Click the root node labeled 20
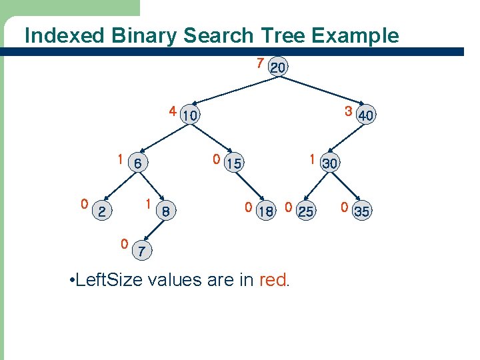click(x=279, y=68)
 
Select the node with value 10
click(x=190, y=115)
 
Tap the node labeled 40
click(x=366, y=115)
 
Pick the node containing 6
click(x=137, y=163)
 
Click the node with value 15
click(x=233, y=163)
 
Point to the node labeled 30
click(x=329, y=163)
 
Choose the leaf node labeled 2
click(x=101, y=211)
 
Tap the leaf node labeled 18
click(x=265, y=211)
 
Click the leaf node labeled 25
click(x=305, y=211)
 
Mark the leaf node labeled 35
click(x=362, y=211)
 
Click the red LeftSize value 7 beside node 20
click(x=260, y=63)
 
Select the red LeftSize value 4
click(x=172, y=111)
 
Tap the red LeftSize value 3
click(x=348, y=111)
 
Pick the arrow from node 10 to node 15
click(x=211, y=139)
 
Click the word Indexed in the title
click(x=55, y=35)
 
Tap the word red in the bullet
click(x=273, y=279)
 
